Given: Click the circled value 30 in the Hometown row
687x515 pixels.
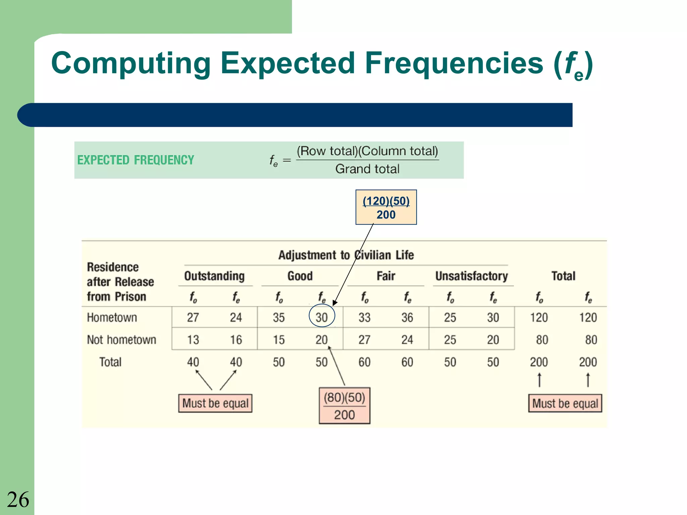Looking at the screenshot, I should tap(321, 317).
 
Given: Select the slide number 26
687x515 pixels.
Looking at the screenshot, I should tap(18, 500).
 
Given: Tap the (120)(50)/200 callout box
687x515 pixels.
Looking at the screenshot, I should tap(386, 208).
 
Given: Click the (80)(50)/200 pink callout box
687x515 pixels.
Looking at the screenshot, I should tap(345, 406).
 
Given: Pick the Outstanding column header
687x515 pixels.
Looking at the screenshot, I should tap(214, 276).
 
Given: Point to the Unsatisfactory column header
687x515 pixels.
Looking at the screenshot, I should tap(471, 276).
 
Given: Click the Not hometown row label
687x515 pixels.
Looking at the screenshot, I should tap(121, 340).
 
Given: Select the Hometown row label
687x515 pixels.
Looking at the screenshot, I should tap(112, 317).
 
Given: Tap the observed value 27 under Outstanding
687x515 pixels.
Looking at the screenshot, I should tap(193, 317).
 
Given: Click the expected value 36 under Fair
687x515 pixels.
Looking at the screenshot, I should tap(407, 317).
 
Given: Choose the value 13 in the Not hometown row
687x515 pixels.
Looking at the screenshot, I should tap(193, 340).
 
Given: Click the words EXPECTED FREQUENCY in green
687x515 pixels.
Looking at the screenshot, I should tap(136, 160).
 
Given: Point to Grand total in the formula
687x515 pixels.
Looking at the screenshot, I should tap(367, 169).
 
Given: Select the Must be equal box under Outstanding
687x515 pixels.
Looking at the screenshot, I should tap(215, 403).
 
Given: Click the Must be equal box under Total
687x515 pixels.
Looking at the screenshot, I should tap(565, 403).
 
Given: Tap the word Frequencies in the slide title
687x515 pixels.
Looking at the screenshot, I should tap(454, 63).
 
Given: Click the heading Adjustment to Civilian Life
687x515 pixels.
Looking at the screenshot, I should tap(346, 255).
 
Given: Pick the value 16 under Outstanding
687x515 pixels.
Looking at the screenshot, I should tap(236, 340).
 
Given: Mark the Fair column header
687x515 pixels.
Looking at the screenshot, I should tap(386, 276).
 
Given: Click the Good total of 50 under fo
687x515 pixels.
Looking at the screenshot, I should tap(278, 362).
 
